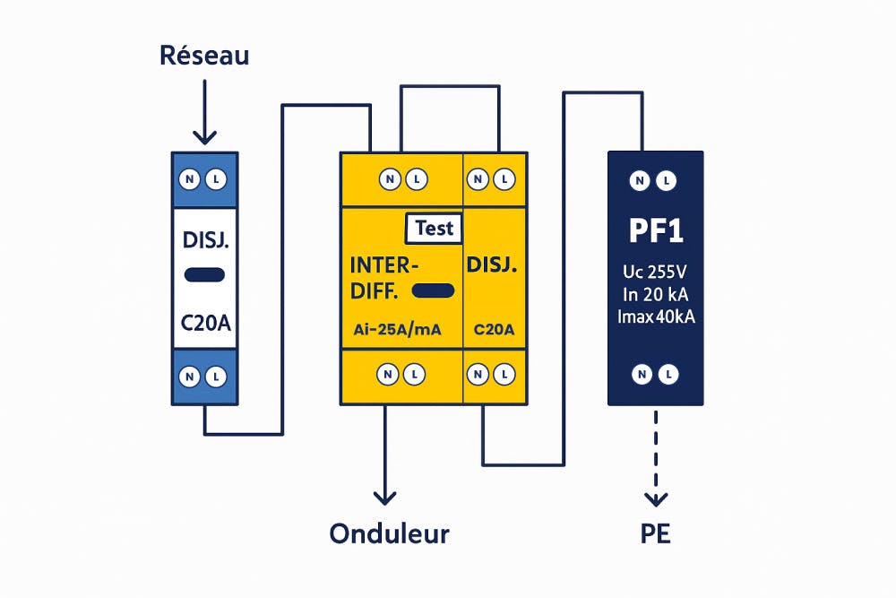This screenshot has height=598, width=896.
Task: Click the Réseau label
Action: (204, 56)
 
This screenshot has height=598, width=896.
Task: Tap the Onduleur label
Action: (389, 533)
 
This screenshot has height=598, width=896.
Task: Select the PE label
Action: (656, 534)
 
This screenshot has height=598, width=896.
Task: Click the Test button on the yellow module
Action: (435, 228)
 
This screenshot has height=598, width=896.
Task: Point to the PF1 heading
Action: (655, 231)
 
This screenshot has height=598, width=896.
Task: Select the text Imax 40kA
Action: (656, 316)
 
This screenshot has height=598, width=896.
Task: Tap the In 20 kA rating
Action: (655, 295)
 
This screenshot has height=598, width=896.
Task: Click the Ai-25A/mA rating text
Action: (392, 329)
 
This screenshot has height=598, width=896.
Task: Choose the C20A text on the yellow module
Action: (493, 329)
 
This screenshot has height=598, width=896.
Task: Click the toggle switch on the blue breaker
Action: (205, 275)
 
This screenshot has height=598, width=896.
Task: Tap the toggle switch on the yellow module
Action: (434, 291)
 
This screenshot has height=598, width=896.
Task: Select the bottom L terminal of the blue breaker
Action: (216, 377)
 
